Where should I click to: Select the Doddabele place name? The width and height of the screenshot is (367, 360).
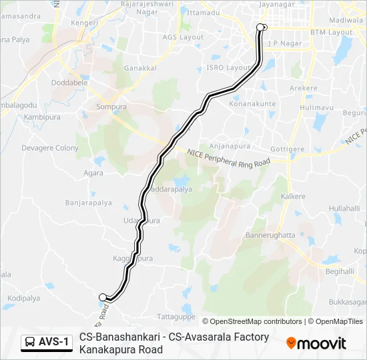pyautogui.click(x=71, y=83)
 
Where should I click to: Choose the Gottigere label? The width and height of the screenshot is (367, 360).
pyautogui.click(x=288, y=148)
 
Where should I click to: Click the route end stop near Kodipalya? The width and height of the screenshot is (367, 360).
pyautogui.click(x=103, y=297)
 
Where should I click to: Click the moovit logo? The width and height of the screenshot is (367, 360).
pyautogui.click(x=316, y=343)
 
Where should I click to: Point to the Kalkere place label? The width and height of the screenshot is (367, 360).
pyautogui.click(x=293, y=197)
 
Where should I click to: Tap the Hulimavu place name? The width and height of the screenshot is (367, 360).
pyautogui.click(x=311, y=107)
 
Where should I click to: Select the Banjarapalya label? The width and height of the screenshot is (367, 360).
pyautogui.click(x=87, y=202)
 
